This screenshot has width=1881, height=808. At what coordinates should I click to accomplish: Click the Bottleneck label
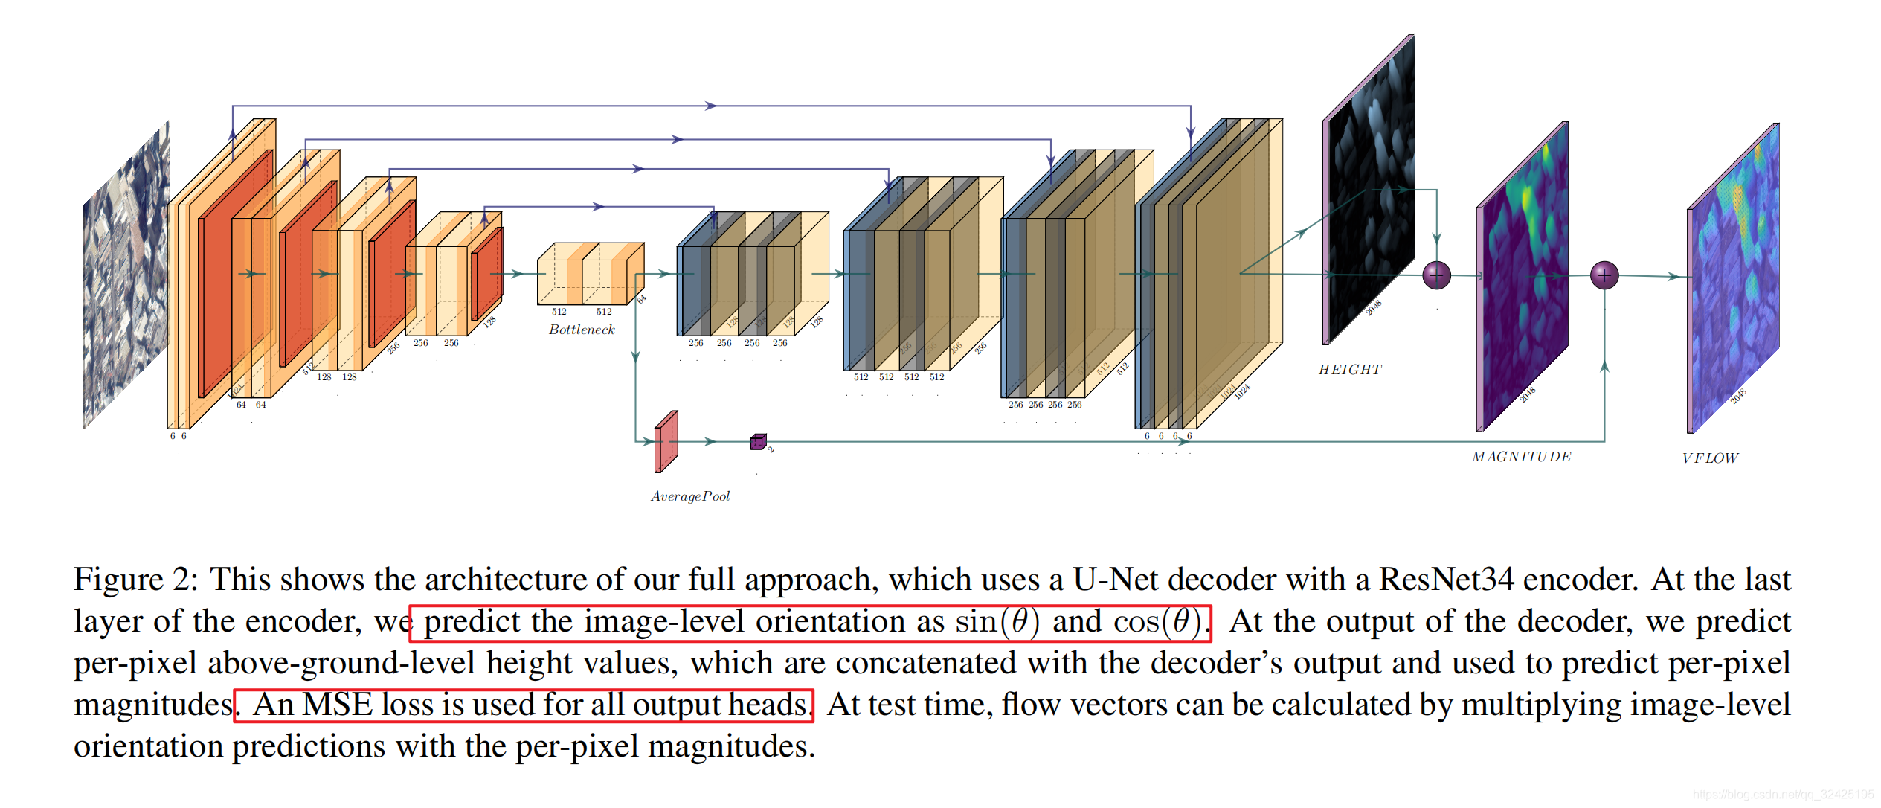coord(582,330)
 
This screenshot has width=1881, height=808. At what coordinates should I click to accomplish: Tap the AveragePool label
coord(690,496)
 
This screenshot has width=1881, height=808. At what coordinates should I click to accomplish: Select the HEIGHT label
coord(1350,370)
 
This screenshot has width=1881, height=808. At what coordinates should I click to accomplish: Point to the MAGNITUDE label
coord(1521,457)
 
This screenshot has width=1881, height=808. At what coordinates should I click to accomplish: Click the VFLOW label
coord(1710,458)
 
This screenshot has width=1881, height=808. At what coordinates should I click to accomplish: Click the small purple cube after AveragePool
coord(758,442)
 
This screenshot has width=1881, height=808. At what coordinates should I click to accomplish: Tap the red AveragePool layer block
coord(666,442)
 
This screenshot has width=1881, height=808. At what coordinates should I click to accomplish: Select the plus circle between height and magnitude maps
coord(1436,275)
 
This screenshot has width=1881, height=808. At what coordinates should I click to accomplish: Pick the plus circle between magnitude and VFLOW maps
coord(1604,275)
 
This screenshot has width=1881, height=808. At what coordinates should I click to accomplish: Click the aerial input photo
coord(126,275)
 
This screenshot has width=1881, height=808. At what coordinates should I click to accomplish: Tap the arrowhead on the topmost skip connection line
coord(711,106)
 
